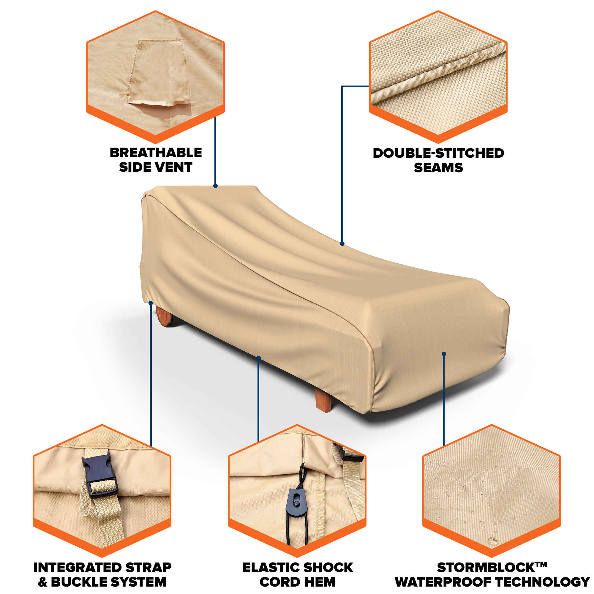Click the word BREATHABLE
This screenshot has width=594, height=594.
[156, 153]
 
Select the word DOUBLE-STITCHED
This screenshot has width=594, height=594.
[438, 153]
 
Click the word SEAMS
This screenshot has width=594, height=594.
[438, 168]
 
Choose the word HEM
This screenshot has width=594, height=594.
[320, 582]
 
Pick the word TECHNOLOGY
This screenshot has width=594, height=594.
[543, 582]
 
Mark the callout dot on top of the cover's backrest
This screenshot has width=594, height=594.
[216, 186]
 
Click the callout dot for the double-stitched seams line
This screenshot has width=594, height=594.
[342, 244]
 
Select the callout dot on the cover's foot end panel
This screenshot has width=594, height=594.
[444, 354]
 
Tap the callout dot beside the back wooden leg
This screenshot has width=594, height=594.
[151, 303]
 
